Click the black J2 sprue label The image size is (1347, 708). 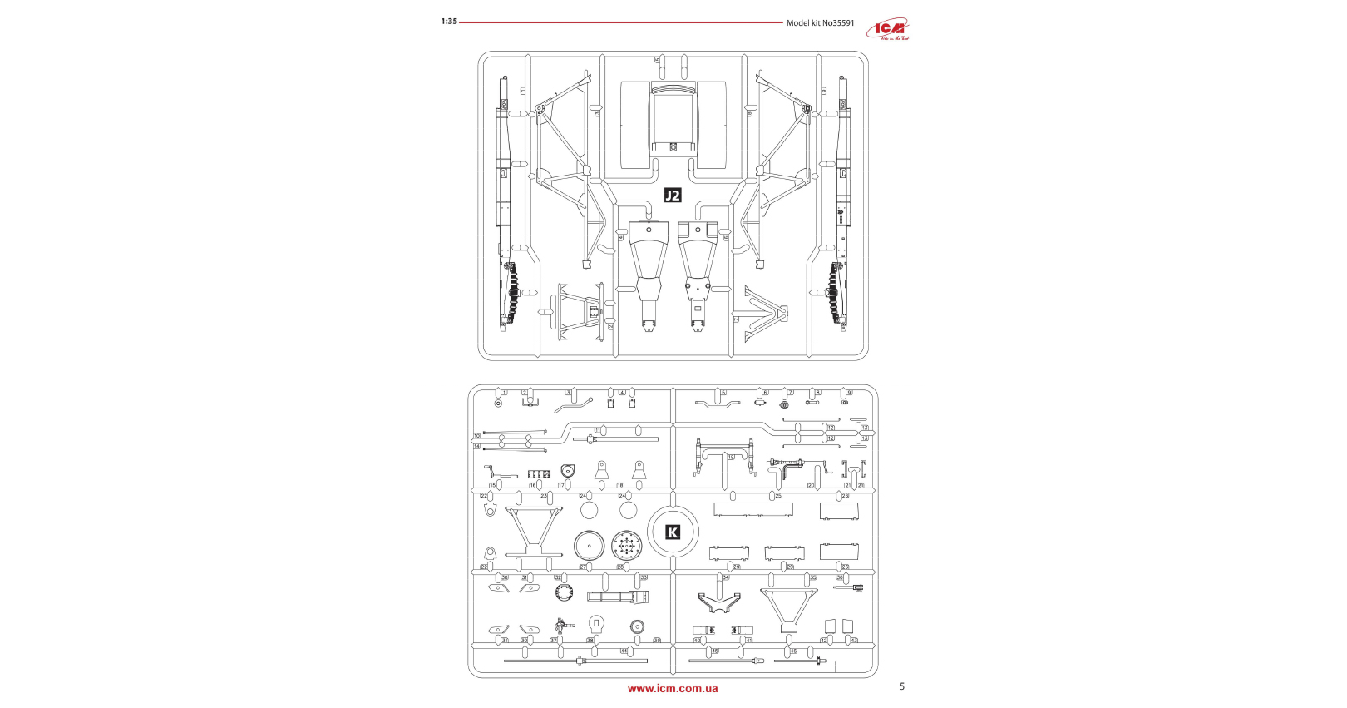(x=673, y=196)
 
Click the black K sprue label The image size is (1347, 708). (x=673, y=532)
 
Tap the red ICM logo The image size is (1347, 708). (x=888, y=30)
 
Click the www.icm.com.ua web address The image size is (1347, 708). (x=673, y=689)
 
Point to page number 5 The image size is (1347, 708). (x=902, y=686)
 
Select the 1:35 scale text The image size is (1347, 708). (x=449, y=22)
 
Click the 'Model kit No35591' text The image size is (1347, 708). (x=820, y=22)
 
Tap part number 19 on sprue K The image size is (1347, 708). (x=731, y=458)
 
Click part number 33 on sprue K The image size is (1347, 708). (x=644, y=577)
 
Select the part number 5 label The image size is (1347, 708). (x=723, y=393)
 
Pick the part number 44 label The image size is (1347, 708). (x=624, y=651)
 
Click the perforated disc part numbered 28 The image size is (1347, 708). (x=627, y=547)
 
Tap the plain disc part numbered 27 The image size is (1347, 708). (x=589, y=547)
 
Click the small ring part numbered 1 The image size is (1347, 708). (x=498, y=404)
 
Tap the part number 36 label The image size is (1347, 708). (x=840, y=577)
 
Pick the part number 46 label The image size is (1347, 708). (x=793, y=651)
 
